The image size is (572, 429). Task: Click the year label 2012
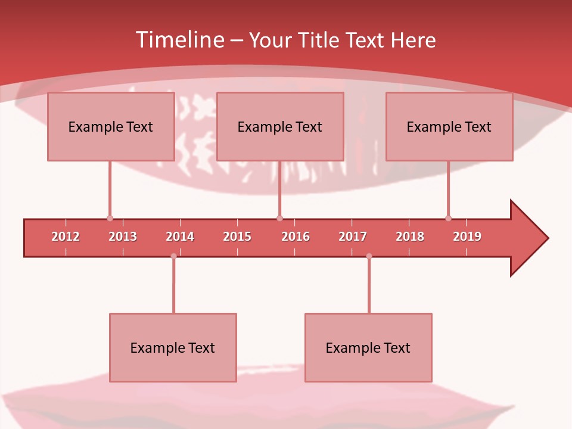66,237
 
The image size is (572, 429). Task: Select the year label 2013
123,237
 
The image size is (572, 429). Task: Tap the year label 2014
180,237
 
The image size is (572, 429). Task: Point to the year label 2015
237,237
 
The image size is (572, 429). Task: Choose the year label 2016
296,237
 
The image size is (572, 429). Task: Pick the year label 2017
353,237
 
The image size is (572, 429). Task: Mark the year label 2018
410,237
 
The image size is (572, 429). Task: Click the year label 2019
467,237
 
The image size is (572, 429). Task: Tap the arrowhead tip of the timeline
547,238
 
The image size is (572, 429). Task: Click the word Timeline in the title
179,40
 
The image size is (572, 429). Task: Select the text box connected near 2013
111,126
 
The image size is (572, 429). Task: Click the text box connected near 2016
280,126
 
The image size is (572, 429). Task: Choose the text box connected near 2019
449,126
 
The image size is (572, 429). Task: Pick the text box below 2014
173,347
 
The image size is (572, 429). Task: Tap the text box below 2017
368,347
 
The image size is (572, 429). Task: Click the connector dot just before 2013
110,218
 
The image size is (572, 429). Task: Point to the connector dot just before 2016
279,218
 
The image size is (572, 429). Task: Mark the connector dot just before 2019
448,218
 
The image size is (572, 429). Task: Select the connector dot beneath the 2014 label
173,256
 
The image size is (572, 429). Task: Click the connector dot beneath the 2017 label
369,256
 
